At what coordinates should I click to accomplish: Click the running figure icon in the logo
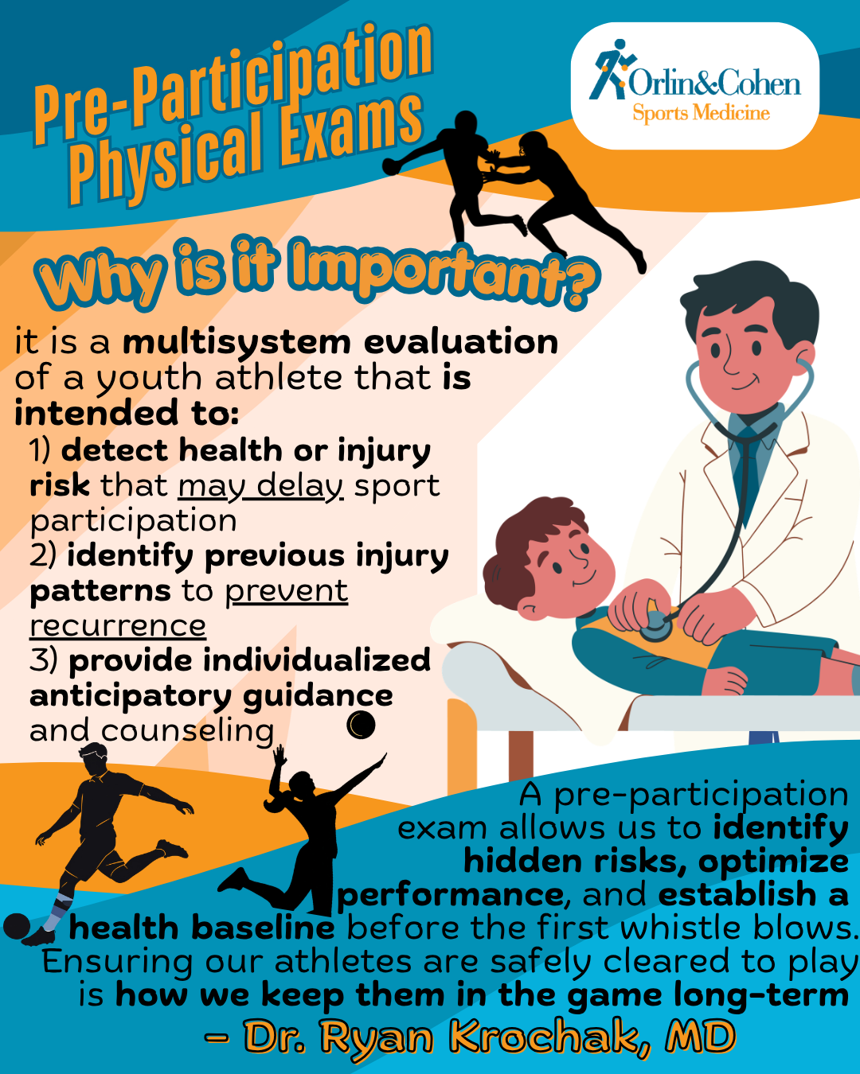(x=611, y=69)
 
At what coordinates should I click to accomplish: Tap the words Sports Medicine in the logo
(x=701, y=113)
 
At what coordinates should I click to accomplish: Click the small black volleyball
(x=361, y=725)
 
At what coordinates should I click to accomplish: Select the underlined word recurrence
(x=118, y=626)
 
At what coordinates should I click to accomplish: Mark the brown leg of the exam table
(x=521, y=755)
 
